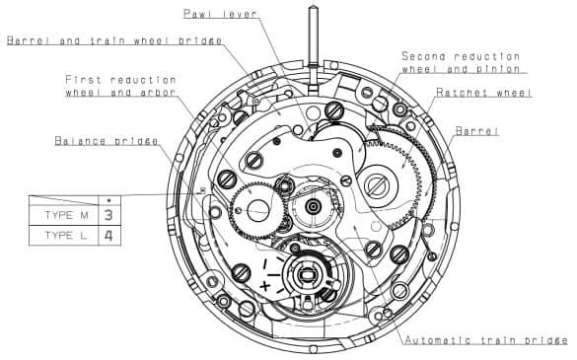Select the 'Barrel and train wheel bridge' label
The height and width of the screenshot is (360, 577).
(x=113, y=40)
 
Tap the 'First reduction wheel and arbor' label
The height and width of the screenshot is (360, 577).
(x=120, y=86)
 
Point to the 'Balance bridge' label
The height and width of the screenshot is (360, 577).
(x=107, y=141)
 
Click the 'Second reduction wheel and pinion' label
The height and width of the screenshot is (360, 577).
(x=464, y=63)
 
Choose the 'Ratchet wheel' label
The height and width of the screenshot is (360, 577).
(x=484, y=93)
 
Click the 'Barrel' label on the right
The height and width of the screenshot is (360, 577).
(x=477, y=131)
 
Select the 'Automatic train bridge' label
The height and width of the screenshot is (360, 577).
(x=485, y=339)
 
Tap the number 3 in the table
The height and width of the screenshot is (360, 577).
(x=108, y=213)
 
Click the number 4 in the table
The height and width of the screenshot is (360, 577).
(x=108, y=236)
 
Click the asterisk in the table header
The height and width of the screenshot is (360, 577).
(x=108, y=198)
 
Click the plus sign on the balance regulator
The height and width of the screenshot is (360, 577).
(x=264, y=286)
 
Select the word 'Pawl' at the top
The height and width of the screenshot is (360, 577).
(x=197, y=14)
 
